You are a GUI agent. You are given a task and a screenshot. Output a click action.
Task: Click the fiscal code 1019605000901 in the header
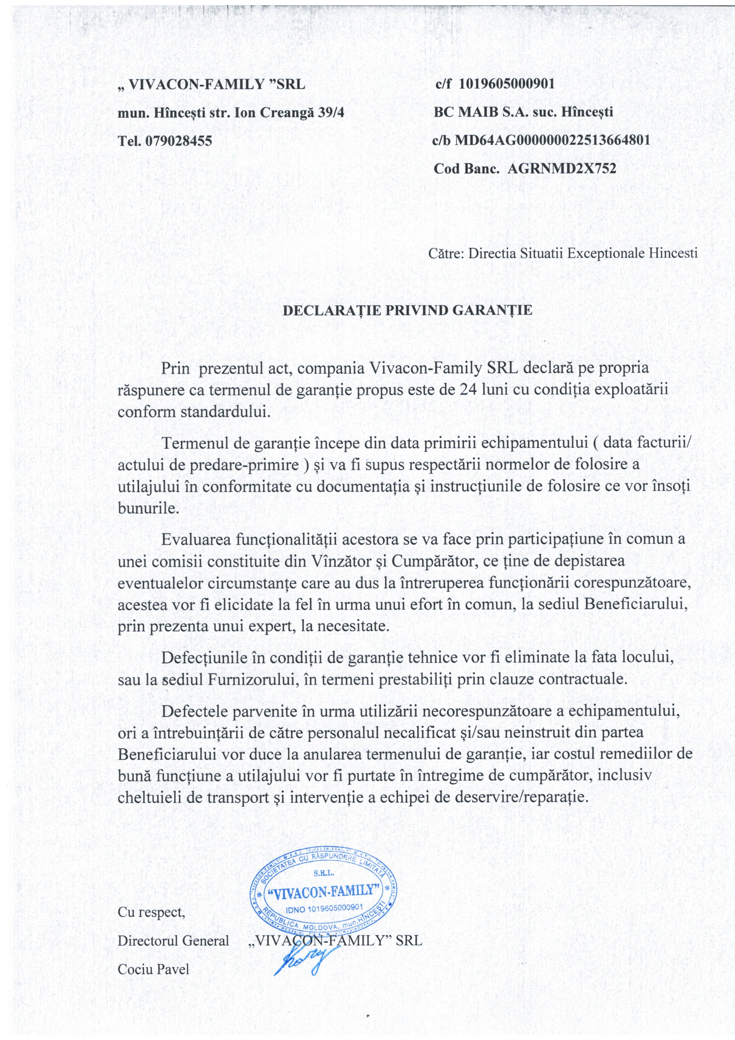507,84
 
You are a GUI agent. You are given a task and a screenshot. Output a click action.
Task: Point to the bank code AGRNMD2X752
562,168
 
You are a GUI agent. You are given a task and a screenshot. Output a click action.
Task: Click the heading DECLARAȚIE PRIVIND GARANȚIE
408,310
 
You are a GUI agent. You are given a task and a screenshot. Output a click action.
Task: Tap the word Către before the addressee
446,253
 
